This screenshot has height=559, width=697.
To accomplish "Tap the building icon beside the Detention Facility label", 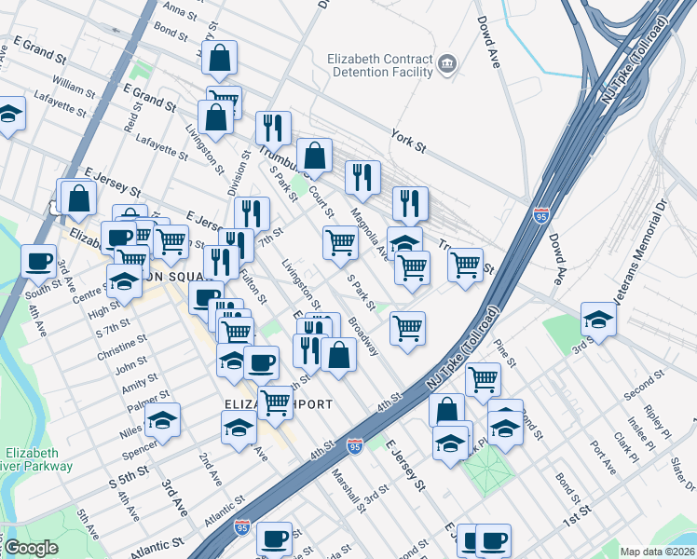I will coord(448,64).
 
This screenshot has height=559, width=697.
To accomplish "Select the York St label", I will coord(407,140).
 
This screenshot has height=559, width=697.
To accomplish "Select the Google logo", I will coord(31,548).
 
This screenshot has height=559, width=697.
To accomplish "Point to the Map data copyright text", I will coord(657,552).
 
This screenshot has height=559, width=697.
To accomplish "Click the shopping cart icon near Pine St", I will coord(483,378).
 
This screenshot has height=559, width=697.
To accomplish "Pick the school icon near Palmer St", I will coord(163,420).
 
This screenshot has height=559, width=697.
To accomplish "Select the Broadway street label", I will coord(364,337).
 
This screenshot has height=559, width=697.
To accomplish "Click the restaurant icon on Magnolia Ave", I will coord(362,177).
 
